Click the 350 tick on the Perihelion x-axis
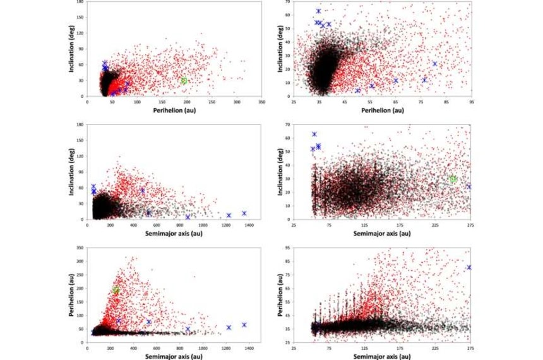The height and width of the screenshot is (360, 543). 261,101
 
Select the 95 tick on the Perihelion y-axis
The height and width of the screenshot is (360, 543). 287,246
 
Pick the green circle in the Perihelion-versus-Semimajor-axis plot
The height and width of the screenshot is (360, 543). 116,290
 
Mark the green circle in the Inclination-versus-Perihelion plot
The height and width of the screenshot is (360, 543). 184,81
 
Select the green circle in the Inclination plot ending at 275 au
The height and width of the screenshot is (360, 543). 453,179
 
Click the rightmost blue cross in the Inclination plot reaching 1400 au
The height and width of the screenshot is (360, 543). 244,213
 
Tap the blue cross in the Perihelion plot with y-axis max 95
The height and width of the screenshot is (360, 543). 468,268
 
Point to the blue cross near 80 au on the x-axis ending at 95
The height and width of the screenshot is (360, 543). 434,64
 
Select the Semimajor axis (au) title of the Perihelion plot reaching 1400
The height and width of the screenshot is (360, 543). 167,356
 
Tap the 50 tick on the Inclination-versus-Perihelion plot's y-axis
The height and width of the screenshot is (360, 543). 287,28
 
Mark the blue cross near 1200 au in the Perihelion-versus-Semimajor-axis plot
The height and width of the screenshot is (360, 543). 229,327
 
